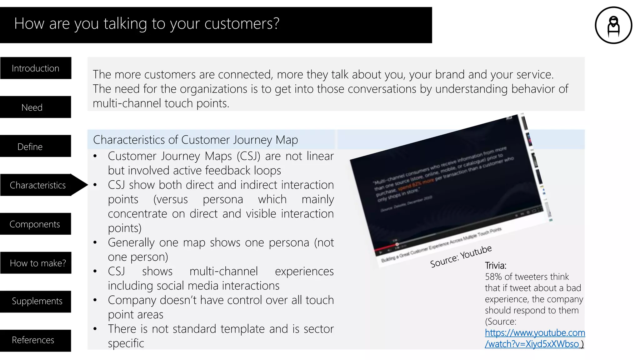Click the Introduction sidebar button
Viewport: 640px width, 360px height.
click(36, 68)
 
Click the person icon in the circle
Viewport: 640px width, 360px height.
click(613, 25)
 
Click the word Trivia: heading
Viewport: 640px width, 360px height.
click(496, 266)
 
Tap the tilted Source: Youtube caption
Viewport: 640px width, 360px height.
click(461, 257)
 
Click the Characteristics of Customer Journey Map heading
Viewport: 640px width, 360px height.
click(195, 140)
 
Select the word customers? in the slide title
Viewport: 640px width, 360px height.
click(242, 24)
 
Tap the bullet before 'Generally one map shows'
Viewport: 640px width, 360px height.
click(95, 242)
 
